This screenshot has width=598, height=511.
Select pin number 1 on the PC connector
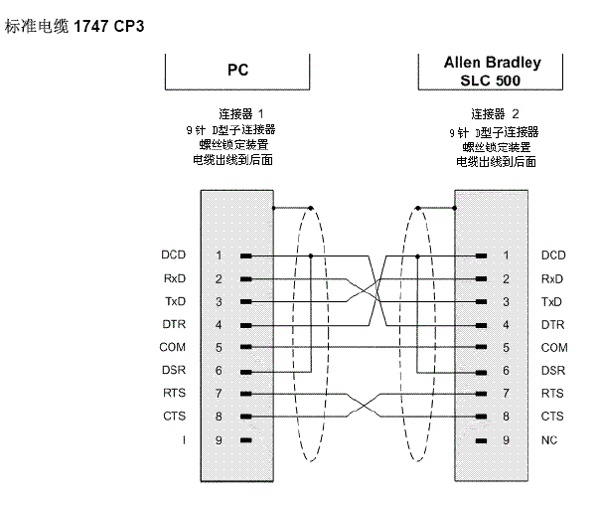[x=219, y=255]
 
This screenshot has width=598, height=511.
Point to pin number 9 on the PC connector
[x=219, y=438]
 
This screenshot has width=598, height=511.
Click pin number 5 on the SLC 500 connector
[x=506, y=347]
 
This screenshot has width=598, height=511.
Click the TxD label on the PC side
[x=175, y=301]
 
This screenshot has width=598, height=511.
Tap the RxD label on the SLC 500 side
[x=552, y=278]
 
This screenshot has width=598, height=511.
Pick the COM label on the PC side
[x=174, y=347]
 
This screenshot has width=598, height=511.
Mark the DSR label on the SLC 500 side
[x=553, y=370]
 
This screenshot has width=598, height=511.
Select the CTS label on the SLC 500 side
[x=553, y=416]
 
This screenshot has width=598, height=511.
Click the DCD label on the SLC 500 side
[x=553, y=255]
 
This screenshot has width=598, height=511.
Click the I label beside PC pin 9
[x=183, y=438]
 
